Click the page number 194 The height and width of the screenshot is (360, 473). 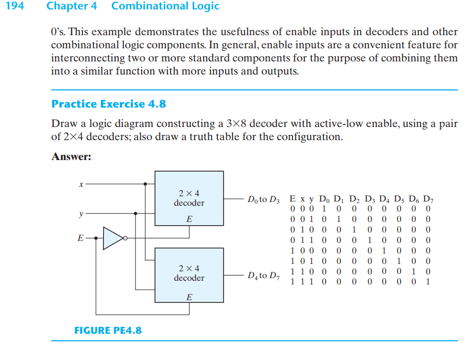(x=15, y=6)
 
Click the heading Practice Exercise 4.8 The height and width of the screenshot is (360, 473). (x=109, y=104)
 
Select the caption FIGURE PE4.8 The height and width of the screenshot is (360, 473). (x=108, y=330)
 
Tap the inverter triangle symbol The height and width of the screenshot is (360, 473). (x=113, y=238)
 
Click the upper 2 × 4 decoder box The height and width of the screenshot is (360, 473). (x=189, y=198)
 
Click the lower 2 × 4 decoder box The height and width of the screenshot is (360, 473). (x=189, y=275)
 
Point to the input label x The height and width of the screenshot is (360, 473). (x=81, y=184)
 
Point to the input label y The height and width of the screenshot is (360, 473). (x=81, y=214)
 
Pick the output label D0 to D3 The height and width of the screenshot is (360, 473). (x=264, y=199)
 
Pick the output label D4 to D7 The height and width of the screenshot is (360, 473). (x=264, y=276)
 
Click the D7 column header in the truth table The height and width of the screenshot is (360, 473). (x=428, y=199)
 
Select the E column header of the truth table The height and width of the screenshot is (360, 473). (x=292, y=199)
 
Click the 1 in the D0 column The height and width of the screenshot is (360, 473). (x=324, y=209)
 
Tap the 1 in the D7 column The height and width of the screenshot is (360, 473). (x=428, y=282)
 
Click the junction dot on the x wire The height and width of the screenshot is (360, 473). (x=145, y=184)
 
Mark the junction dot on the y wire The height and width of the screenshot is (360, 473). (x=135, y=214)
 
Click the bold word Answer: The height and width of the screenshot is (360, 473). (x=71, y=156)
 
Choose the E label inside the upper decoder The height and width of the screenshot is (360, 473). (x=189, y=219)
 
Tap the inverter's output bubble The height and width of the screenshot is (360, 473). (x=125, y=238)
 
